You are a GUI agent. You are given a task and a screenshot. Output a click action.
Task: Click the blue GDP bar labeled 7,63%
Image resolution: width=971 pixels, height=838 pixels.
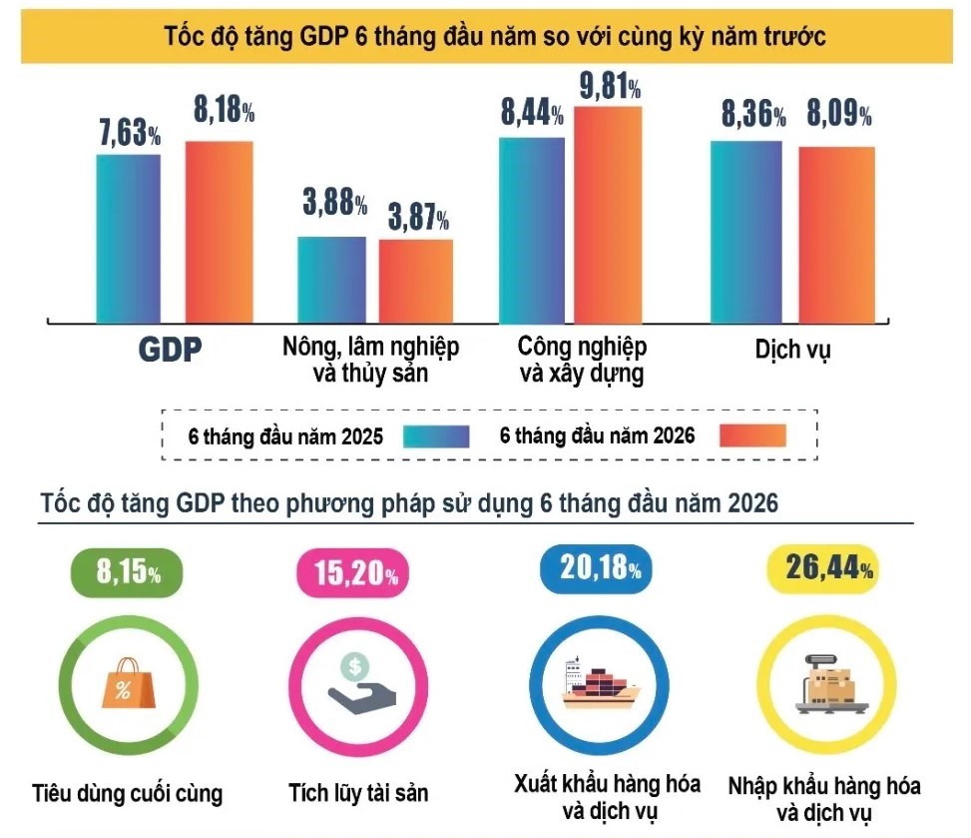128,239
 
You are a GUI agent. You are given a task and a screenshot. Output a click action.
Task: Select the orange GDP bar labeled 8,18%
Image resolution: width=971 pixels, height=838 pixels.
220,232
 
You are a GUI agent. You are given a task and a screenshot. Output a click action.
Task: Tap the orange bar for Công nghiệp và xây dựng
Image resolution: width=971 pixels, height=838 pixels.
608,215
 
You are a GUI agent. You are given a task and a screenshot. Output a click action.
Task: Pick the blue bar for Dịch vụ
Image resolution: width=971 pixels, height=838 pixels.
746,232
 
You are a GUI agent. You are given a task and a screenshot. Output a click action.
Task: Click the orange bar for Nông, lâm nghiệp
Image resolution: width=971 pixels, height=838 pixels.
416,281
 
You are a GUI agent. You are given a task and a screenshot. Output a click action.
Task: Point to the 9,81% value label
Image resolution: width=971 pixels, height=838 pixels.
610,86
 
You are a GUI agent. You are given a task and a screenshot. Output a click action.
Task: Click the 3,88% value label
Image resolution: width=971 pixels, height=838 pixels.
335,202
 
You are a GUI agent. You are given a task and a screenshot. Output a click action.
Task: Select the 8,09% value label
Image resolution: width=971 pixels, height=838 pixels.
839,114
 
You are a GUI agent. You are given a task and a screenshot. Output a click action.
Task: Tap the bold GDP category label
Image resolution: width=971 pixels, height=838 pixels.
171,350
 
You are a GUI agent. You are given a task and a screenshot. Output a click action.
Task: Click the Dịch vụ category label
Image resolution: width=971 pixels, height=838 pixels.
792,350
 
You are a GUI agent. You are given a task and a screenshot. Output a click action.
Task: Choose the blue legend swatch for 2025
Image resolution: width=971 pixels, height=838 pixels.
436,436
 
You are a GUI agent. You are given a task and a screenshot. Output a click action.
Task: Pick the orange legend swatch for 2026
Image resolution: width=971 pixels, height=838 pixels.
753,435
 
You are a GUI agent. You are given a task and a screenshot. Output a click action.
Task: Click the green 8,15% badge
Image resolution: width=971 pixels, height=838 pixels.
128,572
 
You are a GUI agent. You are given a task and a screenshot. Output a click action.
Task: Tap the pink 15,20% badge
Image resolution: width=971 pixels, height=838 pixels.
353,572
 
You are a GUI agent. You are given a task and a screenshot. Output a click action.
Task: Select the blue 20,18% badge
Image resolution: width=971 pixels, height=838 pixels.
597,568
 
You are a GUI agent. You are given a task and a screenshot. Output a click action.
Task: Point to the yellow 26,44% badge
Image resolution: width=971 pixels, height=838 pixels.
823,568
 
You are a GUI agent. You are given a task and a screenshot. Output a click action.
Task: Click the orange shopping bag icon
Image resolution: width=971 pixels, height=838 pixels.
128,683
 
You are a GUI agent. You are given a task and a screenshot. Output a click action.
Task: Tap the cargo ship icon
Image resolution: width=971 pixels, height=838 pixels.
600,683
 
